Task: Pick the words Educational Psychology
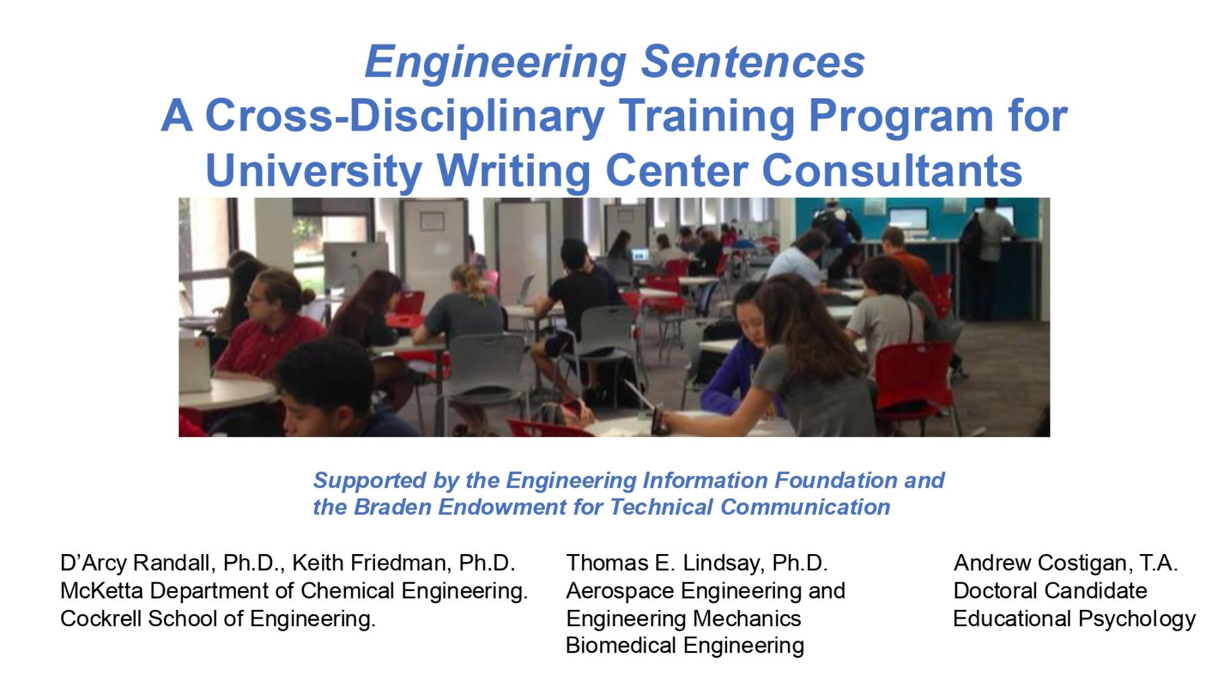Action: tap(1074, 618)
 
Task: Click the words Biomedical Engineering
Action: tap(685, 645)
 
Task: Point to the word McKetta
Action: tap(101, 590)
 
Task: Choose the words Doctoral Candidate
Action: tap(1050, 590)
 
